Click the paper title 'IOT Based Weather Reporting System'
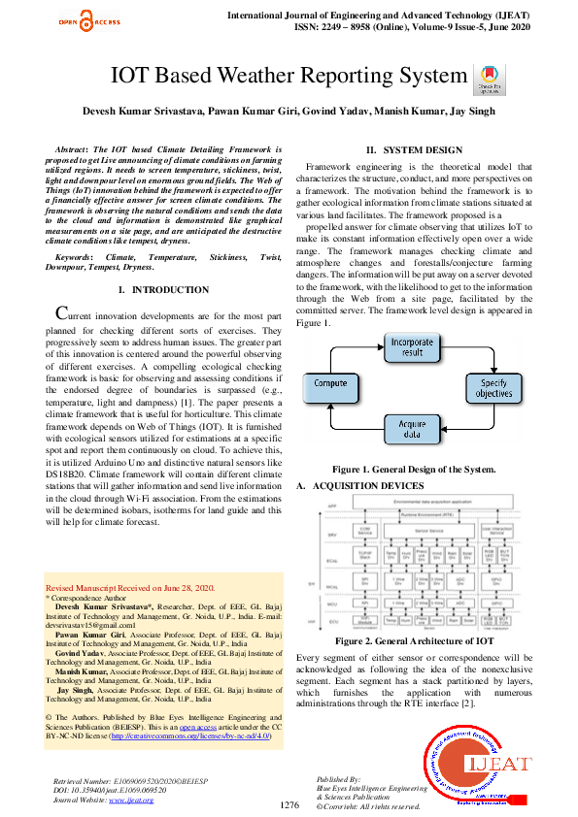click(x=289, y=76)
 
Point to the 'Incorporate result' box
click(x=414, y=347)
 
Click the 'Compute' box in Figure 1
click(x=330, y=384)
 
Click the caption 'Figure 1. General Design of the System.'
click(x=414, y=469)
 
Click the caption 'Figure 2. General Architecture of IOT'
click(x=414, y=641)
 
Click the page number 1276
click(x=289, y=805)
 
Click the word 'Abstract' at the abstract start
click(x=74, y=150)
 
